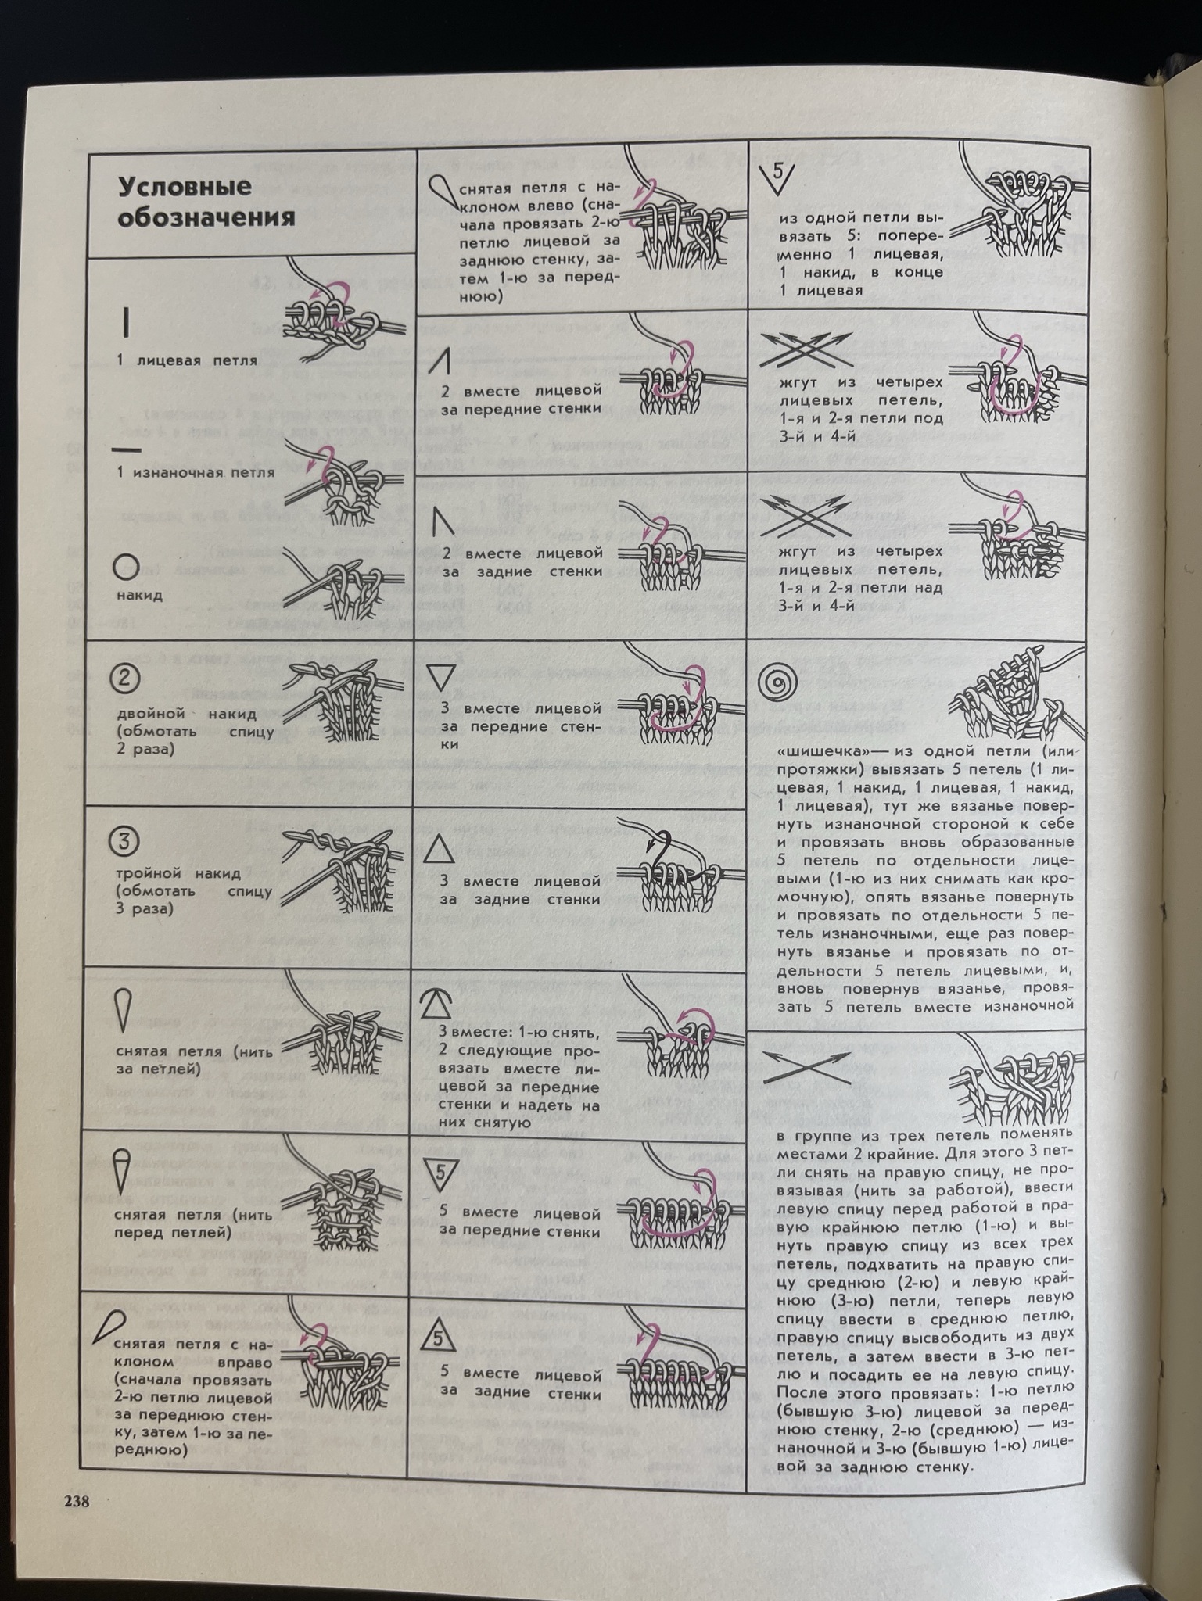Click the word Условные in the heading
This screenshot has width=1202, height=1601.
point(185,188)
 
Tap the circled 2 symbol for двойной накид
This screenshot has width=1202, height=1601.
point(126,679)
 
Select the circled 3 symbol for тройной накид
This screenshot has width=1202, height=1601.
point(124,842)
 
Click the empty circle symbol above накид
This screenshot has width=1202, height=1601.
point(126,567)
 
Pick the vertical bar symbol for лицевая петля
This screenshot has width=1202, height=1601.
point(126,321)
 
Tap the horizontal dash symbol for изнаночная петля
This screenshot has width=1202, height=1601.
point(126,450)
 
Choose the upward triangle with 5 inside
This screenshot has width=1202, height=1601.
point(438,1339)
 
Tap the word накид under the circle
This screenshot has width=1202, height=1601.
point(140,596)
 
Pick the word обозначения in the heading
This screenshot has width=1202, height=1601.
point(206,217)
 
